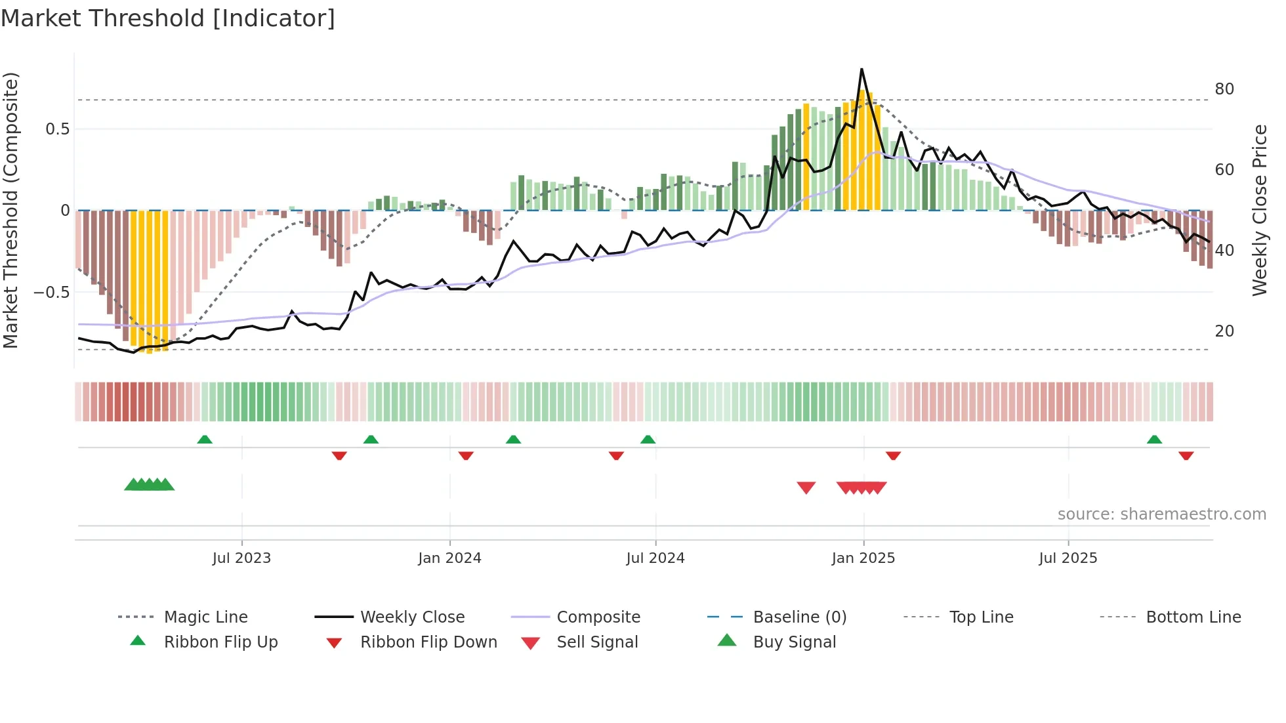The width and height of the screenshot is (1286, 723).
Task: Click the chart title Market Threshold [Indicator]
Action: (x=168, y=18)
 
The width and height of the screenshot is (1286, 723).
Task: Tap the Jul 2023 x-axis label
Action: (x=241, y=558)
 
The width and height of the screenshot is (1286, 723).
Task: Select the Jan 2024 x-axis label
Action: (x=449, y=558)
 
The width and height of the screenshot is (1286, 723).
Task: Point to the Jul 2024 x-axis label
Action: (x=655, y=558)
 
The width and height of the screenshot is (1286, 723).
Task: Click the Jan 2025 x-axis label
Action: (x=863, y=558)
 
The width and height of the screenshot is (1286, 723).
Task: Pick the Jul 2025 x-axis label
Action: (x=1068, y=558)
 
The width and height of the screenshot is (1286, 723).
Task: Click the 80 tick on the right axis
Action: (x=1224, y=89)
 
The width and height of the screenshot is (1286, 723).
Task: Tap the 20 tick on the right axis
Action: (x=1224, y=331)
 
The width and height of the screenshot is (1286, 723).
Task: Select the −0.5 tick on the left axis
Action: (x=51, y=292)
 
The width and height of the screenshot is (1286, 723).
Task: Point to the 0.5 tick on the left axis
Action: (x=57, y=129)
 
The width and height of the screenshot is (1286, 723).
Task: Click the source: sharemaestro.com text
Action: (x=1161, y=514)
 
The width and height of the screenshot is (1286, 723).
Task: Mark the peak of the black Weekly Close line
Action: (x=861, y=69)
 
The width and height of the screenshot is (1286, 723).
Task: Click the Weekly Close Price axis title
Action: (x=1259, y=210)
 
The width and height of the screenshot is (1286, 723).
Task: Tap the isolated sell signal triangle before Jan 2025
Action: (x=806, y=487)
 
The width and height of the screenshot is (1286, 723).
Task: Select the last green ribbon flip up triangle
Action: (x=1154, y=440)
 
